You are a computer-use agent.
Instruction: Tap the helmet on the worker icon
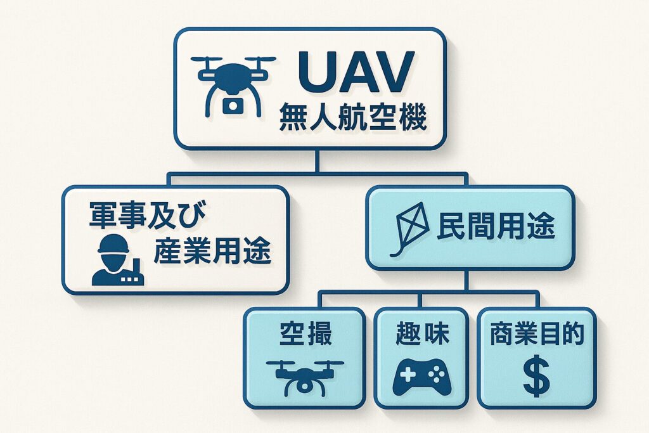click(113, 243)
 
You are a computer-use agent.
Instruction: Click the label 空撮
click(305, 333)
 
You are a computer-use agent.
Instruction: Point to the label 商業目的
click(536, 333)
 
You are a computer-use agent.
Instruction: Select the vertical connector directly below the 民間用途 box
click(466, 280)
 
